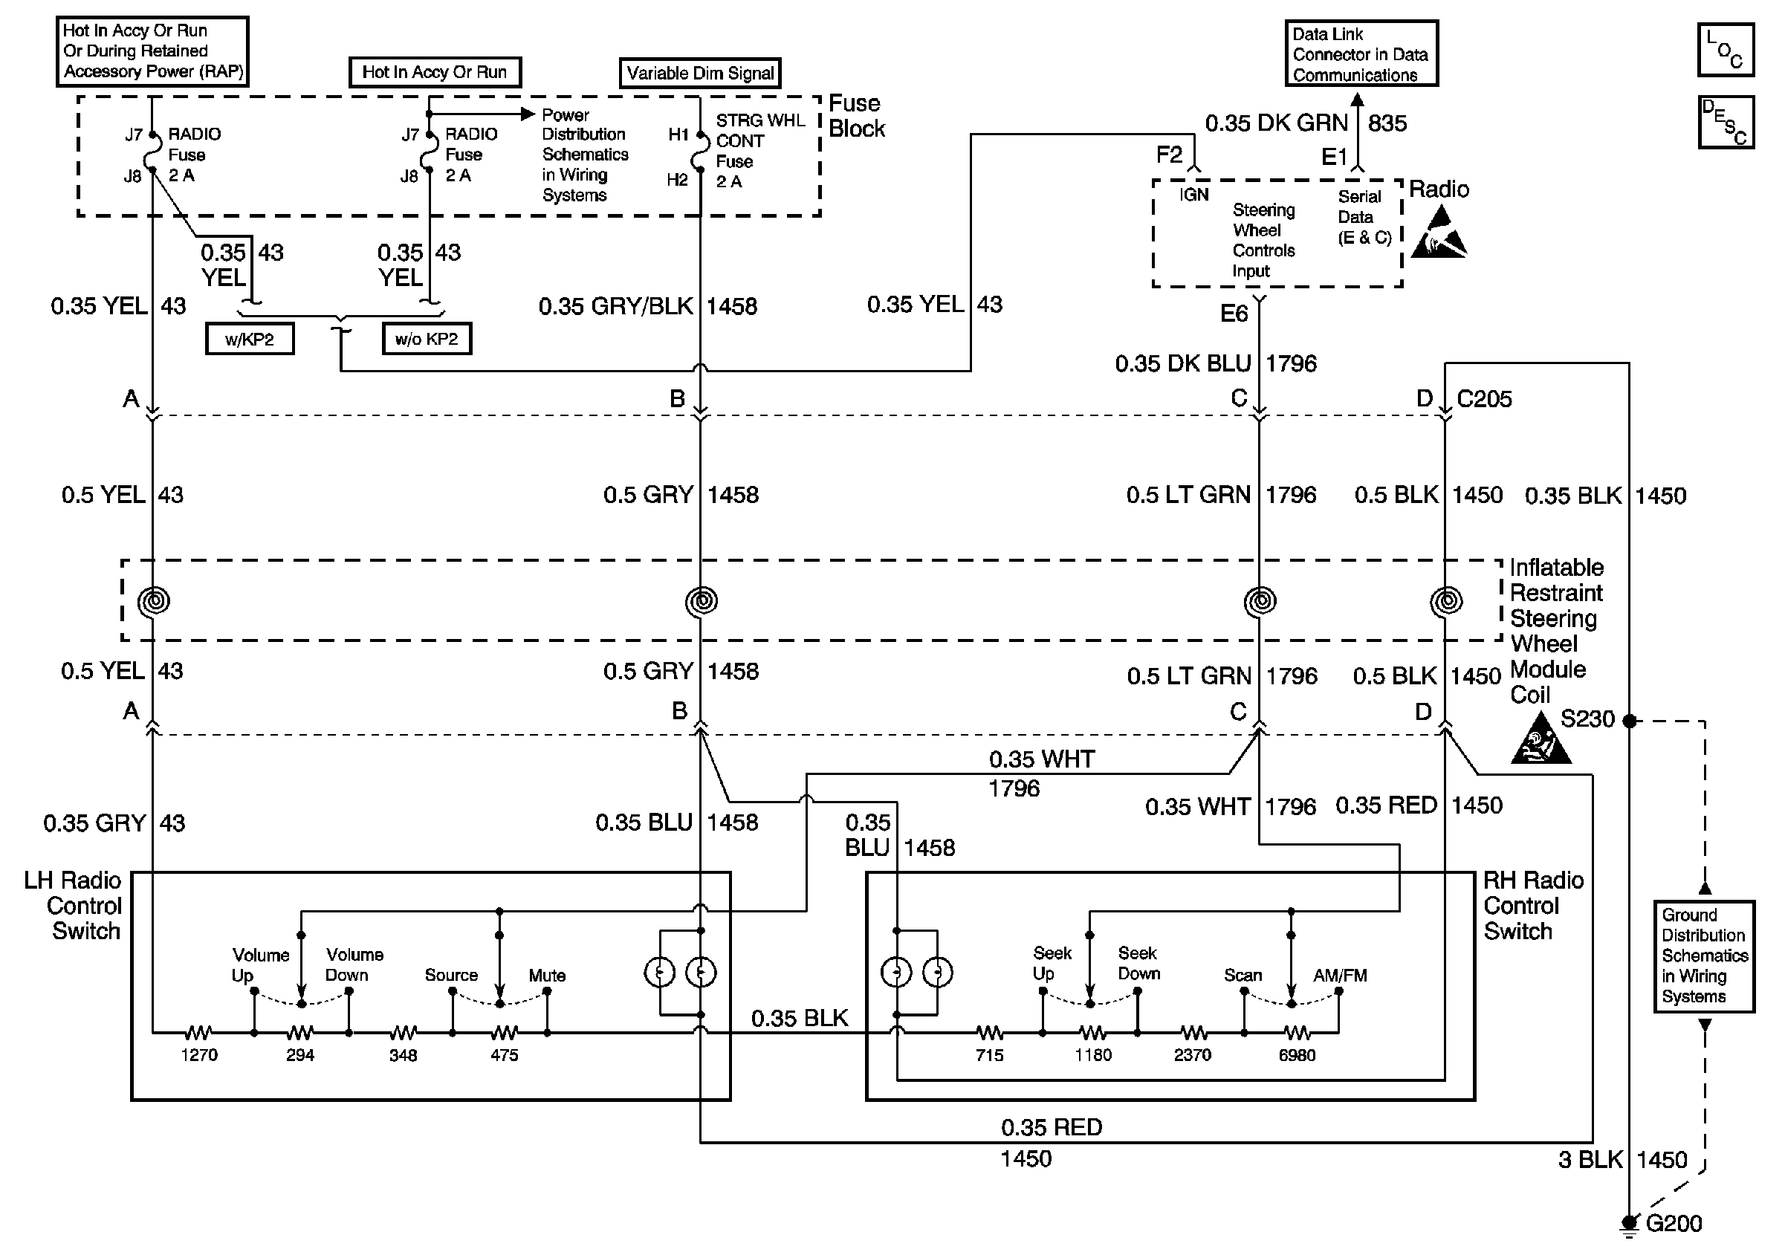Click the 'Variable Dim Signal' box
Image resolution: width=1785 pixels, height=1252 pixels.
(700, 73)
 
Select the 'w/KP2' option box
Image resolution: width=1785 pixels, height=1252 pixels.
(250, 339)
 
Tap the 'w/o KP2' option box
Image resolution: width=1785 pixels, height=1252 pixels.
(426, 339)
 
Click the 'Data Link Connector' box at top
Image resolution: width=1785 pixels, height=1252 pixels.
(1361, 53)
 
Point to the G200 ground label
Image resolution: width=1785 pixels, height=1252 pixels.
(1673, 1224)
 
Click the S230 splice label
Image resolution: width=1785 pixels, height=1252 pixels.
(1587, 719)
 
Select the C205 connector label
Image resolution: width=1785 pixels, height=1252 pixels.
(1483, 399)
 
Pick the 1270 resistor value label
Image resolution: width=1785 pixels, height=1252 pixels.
(199, 1054)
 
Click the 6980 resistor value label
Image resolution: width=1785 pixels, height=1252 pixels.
(1297, 1054)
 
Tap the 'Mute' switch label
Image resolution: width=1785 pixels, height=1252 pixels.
(548, 976)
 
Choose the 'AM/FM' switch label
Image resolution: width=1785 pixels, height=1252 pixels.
(1340, 976)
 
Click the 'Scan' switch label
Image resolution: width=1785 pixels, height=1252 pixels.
(1243, 976)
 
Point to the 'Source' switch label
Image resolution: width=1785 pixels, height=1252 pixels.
(451, 976)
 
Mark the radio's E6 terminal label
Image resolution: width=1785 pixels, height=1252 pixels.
(1234, 314)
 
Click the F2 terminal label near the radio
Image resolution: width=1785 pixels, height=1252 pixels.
(1169, 155)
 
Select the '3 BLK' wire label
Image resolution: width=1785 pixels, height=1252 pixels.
(1590, 1160)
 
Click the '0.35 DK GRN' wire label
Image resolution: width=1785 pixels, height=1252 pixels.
(1276, 123)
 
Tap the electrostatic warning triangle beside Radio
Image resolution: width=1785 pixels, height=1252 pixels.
(1439, 233)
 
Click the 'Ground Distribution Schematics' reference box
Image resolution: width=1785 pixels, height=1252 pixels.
(1704, 956)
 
